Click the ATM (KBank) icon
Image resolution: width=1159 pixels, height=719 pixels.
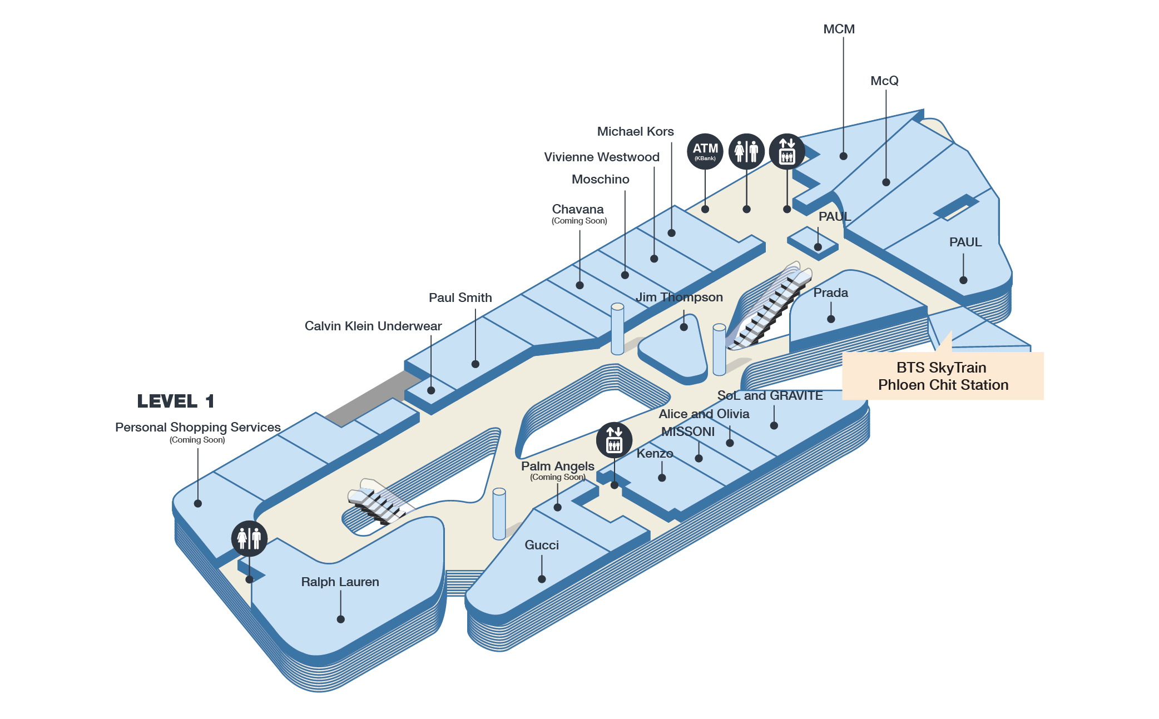[705, 151]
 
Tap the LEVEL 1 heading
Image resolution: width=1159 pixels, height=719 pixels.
[175, 401]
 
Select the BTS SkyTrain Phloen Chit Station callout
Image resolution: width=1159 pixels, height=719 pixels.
[943, 376]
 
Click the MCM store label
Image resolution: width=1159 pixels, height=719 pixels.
[839, 29]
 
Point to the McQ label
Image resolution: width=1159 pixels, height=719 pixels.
[884, 81]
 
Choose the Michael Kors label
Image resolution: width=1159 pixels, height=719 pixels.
[635, 131]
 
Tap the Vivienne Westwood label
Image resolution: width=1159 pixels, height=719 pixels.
[601, 157]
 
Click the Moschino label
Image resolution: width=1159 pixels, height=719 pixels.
[600, 179]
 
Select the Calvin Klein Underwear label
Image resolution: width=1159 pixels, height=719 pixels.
[373, 326]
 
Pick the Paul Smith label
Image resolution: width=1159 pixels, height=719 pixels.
[460, 297]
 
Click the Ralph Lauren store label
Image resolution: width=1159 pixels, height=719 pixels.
[340, 582]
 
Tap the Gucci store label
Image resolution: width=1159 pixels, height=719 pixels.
[542, 545]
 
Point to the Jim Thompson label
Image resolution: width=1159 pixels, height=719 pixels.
[679, 297]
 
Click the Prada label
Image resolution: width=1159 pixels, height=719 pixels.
[830, 292]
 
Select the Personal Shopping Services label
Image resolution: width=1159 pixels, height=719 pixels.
[197, 427]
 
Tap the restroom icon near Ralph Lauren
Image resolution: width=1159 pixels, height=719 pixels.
[249, 538]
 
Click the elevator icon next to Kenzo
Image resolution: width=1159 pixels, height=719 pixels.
[614, 440]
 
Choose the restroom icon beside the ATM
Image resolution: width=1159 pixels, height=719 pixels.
[746, 151]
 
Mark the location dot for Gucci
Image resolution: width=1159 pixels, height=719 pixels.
[542, 579]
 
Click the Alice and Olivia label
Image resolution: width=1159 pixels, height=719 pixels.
[704, 414]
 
